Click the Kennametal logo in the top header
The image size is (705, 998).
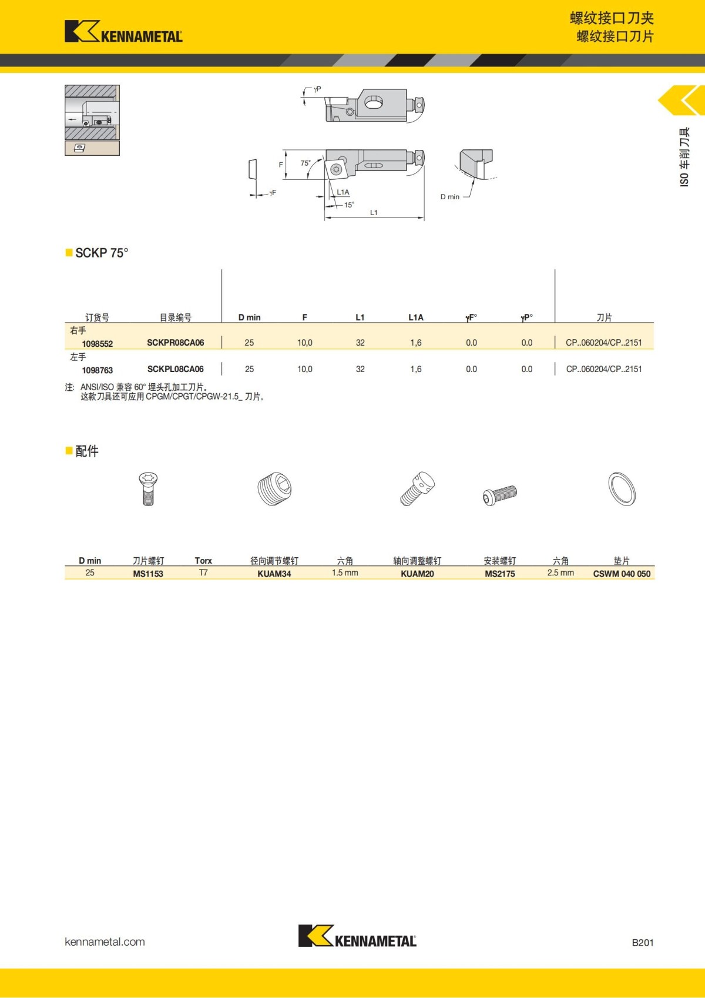tap(123, 32)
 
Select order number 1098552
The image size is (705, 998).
tap(98, 344)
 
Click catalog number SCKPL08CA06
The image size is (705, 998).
tap(175, 369)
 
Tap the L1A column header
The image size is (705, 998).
tap(416, 317)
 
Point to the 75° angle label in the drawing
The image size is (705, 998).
tap(305, 163)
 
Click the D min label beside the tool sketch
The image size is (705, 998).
tap(450, 197)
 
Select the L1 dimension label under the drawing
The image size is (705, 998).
tap(374, 213)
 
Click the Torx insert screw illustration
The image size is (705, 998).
tap(148, 488)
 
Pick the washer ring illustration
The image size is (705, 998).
tap(622, 488)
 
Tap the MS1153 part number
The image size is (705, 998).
tap(148, 574)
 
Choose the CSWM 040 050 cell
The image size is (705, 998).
tap(622, 574)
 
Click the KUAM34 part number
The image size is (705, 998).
tap(274, 574)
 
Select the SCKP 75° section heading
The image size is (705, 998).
tap(101, 253)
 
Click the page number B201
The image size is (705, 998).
tap(642, 942)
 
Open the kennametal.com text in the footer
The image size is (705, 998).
tap(105, 942)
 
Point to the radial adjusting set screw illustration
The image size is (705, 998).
tap(274, 488)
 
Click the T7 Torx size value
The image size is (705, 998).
tap(203, 573)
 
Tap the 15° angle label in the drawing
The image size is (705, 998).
tap(349, 205)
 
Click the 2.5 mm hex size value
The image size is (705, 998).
tap(560, 573)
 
